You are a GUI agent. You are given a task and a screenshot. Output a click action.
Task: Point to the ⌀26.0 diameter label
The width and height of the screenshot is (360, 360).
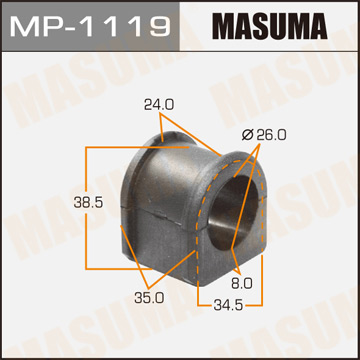[x=264, y=133]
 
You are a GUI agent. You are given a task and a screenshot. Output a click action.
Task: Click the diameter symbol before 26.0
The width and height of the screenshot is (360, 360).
[x=246, y=133]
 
